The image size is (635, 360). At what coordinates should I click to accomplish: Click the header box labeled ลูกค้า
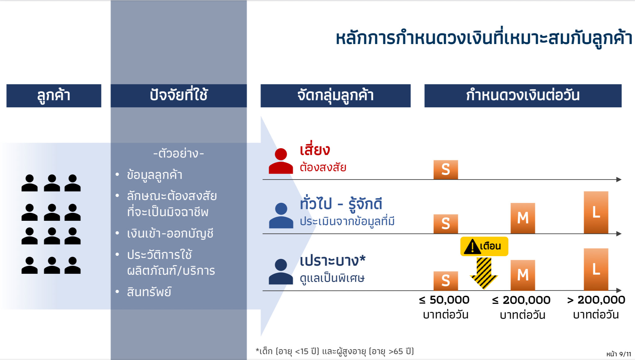click(x=54, y=96)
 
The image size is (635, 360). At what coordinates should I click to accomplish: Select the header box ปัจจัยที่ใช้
click(x=179, y=96)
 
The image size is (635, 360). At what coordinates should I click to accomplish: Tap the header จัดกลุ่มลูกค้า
click(x=335, y=96)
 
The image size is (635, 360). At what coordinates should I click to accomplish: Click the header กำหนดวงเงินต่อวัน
click(x=523, y=96)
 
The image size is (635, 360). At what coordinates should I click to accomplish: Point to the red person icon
click(x=281, y=161)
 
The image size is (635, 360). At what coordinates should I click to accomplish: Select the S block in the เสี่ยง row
click(x=446, y=170)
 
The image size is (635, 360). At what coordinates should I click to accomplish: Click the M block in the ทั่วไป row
click(x=523, y=218)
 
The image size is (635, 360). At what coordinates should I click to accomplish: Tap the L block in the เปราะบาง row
click(x=596, y=269)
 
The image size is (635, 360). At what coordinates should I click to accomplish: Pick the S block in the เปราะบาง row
click(x=446, y=281)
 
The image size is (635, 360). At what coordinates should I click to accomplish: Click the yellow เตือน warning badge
click(x=484, y=247)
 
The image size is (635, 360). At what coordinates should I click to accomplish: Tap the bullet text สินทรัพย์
click(x=149, y=292)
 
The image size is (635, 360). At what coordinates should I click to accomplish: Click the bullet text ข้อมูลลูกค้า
click(x=154, y=175)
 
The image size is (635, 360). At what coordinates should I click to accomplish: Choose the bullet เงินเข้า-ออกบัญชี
click(x=170, y=233)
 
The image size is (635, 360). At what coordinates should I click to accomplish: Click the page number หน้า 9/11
click(x=619, y=354)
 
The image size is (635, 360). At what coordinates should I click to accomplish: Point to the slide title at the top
click(x=484, y=38)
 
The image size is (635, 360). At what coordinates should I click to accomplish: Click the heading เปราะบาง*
click(x=333, y=260)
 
